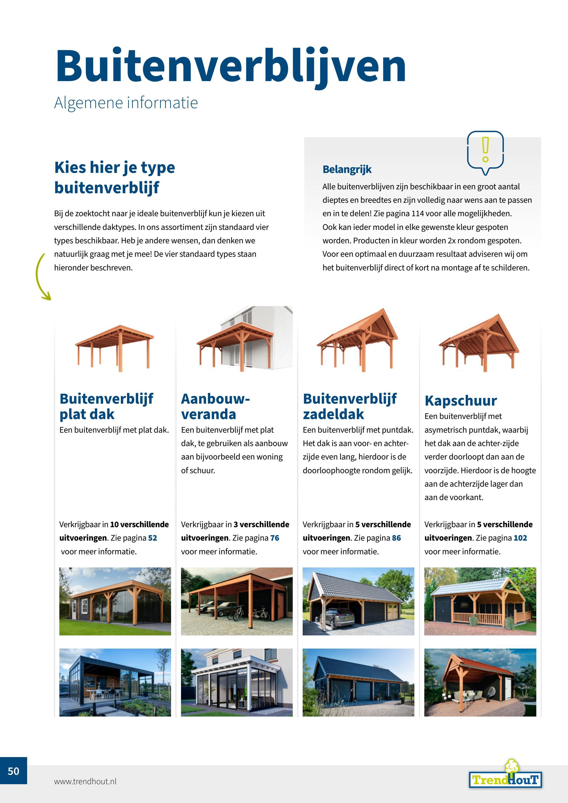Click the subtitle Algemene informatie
coord(126,103)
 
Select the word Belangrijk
coord(347,169)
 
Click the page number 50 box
coord(13,771)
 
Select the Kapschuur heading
coord(460,401)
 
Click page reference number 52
coord(153,538)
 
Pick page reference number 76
coord(274,538)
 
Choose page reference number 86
coord(396,538)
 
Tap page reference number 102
coord(520,538)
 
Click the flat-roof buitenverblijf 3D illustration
coord(114,348)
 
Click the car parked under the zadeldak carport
coord(338,619)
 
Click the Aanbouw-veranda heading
coord(215,406)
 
